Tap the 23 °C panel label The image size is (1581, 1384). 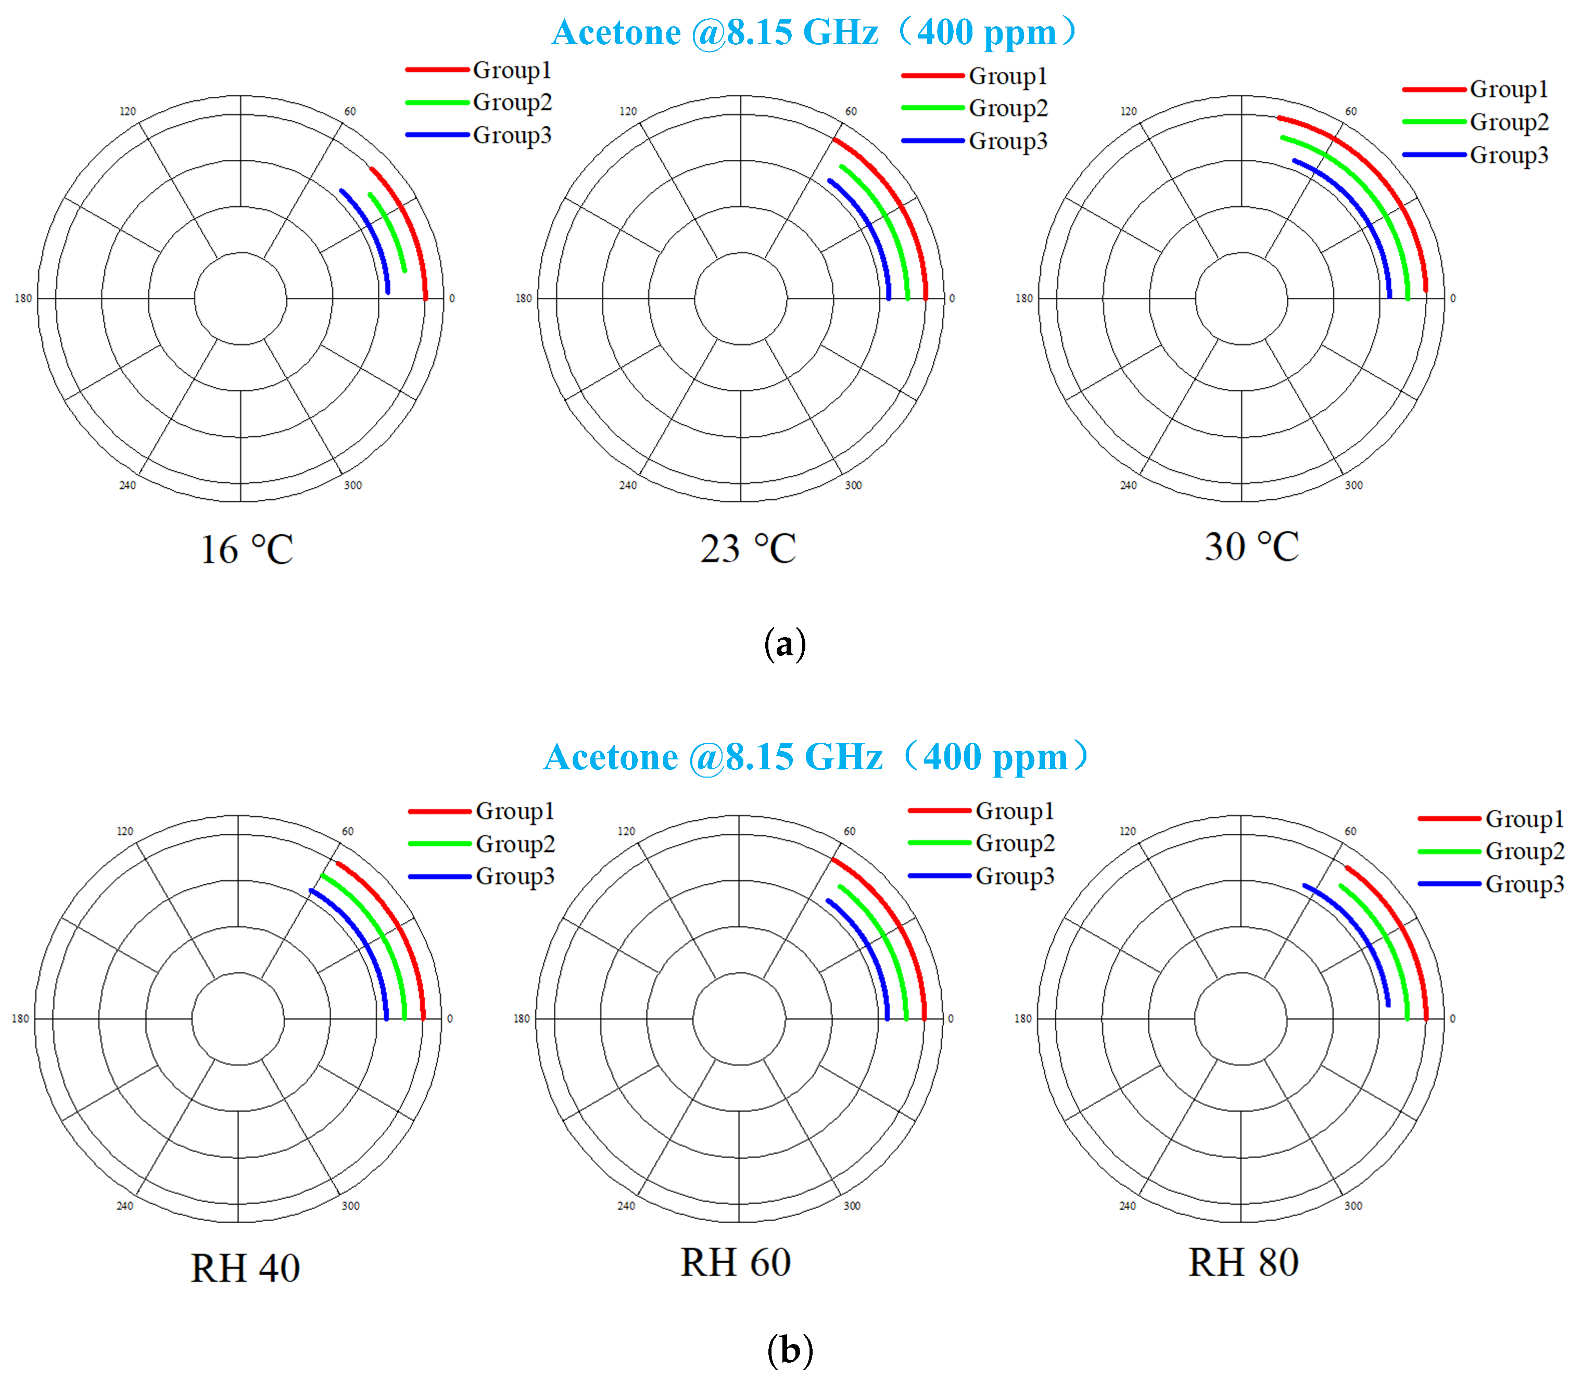pyautogui.click(x=748, y=549)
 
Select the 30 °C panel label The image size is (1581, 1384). pyautogui.click(x=1251, y=547)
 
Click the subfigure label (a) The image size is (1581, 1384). pyautogui.click(x=785, y=643)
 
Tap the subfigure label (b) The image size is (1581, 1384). pyautogui.click(x=789, y=1350)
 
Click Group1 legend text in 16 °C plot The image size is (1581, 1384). pyautogui.click(x=512, y=70)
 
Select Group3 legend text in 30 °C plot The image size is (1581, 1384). pyautogui.click(x=1509, y=155)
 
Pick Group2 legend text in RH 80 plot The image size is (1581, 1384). pyautogui.click(x=1525, y=851)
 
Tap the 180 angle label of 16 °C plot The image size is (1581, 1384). pyautogui.click(x=23, y=299)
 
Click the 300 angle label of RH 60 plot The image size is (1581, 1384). pyautogui.click(x=852, y=1205)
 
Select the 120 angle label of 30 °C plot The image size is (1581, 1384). pyautogui.click(x=1129, y=111)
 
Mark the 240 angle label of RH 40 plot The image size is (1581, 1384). pyautogui.click(x=124, y=1205)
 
